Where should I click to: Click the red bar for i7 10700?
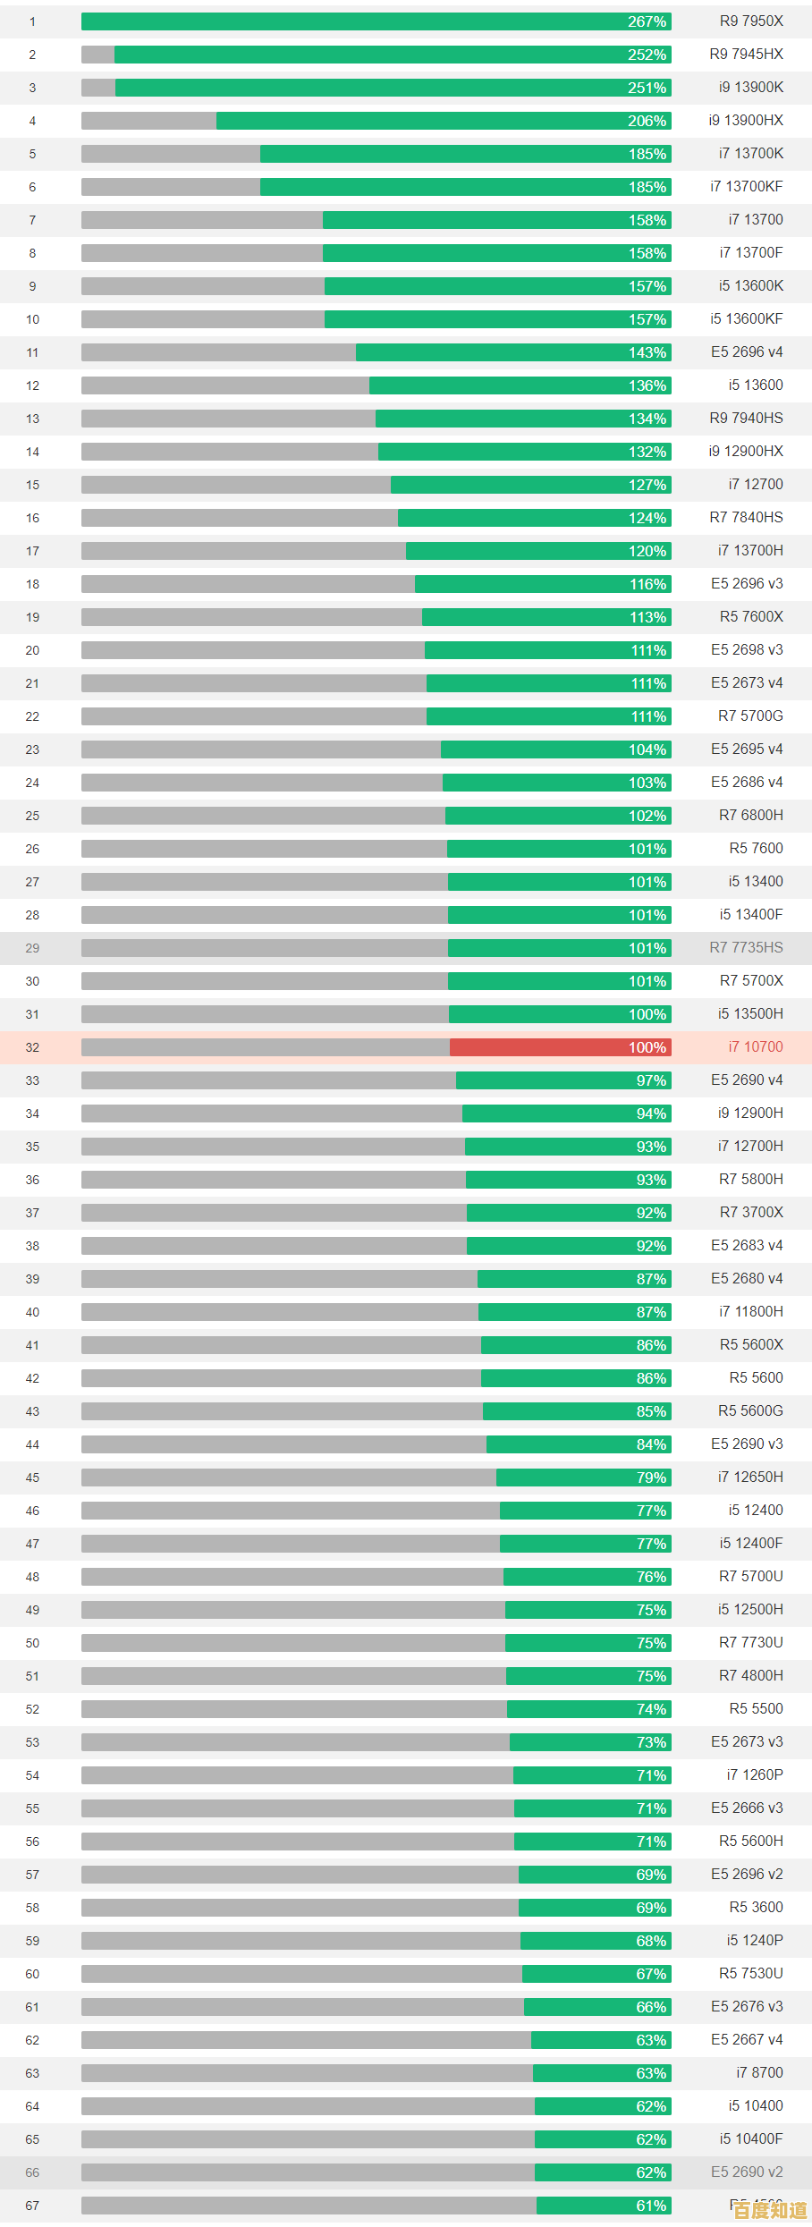[560, 1047]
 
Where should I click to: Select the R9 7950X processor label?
[751, 21]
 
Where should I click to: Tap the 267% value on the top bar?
[647, 21]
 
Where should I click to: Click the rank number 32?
[32, 1047]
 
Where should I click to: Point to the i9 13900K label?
[751, 88]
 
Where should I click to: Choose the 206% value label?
[647, 121]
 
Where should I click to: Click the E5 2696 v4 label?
[747, 352]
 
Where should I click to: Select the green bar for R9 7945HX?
[393, 55]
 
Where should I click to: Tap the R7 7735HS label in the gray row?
[746, 948]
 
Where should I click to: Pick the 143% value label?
[647, 352]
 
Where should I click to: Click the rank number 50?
[32, 1643]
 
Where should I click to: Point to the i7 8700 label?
[759, 2072]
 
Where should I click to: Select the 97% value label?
[651, 1080]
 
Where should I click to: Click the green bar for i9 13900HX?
[444, 121]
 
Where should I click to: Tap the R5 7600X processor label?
[751, 617]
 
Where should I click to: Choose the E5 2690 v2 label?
[747, 2172]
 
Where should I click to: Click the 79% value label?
[651, 1478]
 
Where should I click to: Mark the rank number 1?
[32, 21]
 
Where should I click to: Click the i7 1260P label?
[755, 1774]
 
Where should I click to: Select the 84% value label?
[651, 1444]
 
